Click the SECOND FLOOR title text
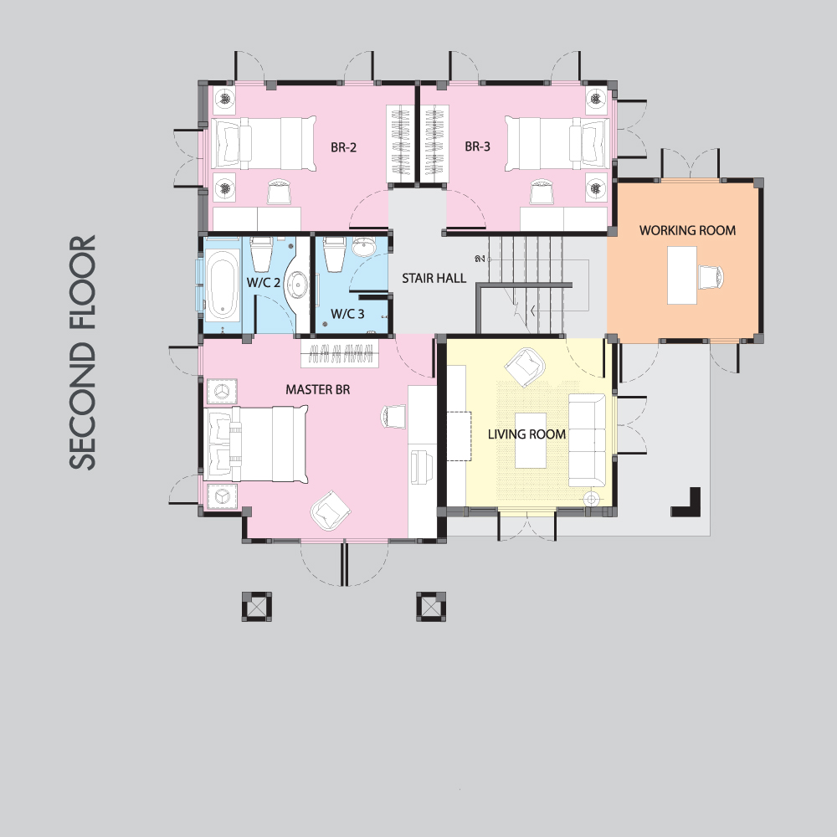pos(83,352)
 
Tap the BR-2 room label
pos(343,147)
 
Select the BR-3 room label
pos(477,146)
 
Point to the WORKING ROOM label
pos(687,231)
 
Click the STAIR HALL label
pos(434,278)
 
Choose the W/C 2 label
pos(263,282)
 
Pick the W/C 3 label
pos(347,314)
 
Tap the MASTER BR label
pos(317,390)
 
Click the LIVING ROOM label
pos(526,434)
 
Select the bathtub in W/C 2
pos(221,285)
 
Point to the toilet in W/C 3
pos(335,253)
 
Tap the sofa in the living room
pos(587,440)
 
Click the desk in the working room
pos(682,275)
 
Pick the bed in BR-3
pos(557,143)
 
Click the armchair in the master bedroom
pos(331,511)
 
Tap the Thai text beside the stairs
pos(480,259)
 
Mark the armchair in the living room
pos(526,367)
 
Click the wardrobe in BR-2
pos(400,143)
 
